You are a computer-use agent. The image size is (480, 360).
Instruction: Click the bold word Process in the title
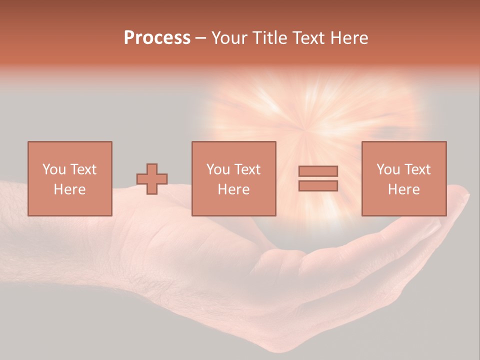coord(157,38)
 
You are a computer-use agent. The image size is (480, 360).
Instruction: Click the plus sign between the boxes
coord(152,179)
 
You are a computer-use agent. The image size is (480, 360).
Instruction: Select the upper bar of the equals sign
coord(318,171)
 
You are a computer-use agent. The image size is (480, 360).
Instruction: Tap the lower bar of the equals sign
coord(318,186)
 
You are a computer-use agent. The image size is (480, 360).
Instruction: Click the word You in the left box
coord(53,169)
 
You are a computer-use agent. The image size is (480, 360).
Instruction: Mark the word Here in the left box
coord(69,189)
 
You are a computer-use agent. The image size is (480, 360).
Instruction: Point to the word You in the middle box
coord(218,169)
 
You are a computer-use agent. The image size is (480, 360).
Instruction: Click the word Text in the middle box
coord(247,169)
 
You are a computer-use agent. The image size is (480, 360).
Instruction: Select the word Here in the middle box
coord(233,189)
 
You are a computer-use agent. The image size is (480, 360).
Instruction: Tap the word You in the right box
coord(388,169)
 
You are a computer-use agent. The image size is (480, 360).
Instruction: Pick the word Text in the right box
coord(417,169)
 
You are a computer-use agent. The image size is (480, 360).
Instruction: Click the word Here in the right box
coord(403,189)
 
